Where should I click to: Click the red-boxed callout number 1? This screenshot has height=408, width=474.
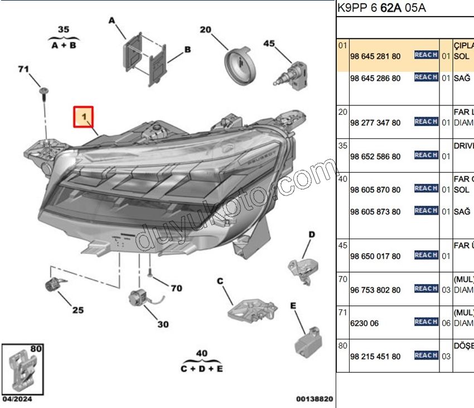point(84,117)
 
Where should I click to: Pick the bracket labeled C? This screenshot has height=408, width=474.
point(251,308)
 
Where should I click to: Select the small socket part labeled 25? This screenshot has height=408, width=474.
point(52,286)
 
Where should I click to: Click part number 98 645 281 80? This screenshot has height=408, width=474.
point(375,56)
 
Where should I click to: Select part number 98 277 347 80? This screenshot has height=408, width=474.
point(375,123)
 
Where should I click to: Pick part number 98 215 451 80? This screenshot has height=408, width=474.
point(375,356)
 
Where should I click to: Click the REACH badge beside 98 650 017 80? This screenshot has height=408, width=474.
point(425,255)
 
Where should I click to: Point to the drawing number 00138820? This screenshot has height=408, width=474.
point(314,399)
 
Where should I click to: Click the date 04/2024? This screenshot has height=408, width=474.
point(17,399)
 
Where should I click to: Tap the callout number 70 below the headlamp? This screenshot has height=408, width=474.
point(176,288)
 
